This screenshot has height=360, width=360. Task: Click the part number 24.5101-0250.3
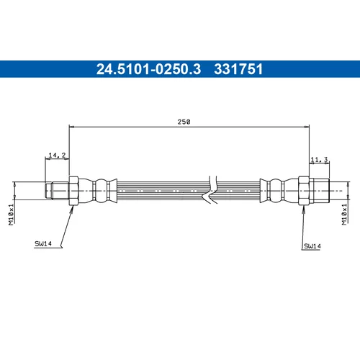point(148,69)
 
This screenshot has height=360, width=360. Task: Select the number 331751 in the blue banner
point(238,69)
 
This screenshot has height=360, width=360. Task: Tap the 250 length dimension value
point(184,122)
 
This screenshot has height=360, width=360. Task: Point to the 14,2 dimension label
point(57,156)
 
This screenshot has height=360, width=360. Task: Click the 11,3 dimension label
point(319,159)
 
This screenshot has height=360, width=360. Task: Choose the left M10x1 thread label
point(12,215)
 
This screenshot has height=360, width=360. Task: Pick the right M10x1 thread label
point(344,215)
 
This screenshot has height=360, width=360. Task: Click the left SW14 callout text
point(43,244)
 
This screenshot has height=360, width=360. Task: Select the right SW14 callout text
point(312,246)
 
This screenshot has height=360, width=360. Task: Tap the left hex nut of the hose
point(73,191)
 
